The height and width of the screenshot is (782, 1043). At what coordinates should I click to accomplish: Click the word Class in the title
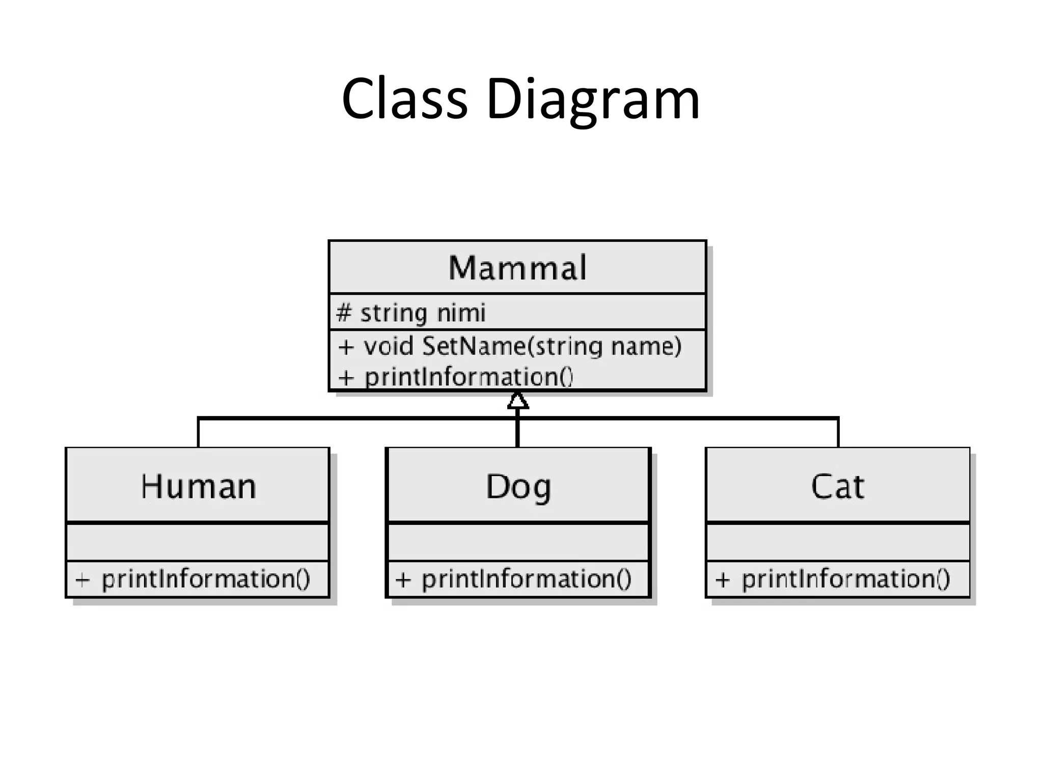[404, 99]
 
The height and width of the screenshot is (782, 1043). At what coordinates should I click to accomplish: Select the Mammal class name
[517, 268]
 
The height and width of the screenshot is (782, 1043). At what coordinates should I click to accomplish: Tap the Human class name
[199, 487]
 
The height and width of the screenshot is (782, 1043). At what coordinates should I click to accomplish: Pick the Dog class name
[518, 487]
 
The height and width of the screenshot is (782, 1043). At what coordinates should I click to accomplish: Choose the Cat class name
[837, 487]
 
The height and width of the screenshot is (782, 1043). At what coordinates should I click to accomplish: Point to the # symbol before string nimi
[344, 313]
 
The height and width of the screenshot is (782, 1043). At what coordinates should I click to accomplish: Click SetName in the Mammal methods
[474, 346]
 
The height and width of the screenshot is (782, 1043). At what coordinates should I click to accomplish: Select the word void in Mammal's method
[388, 346]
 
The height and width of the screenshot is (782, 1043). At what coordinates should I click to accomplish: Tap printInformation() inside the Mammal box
[469, 377]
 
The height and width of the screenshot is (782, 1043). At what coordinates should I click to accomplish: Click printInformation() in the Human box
[206, 579]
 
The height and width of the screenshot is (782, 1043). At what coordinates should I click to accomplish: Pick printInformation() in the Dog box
[527, 579]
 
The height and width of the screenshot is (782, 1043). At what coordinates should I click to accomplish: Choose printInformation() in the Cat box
[845, 579]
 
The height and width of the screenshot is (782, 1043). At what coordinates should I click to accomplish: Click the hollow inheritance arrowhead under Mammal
[518, 401]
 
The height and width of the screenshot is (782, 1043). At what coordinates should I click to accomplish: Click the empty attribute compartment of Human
[198, 542]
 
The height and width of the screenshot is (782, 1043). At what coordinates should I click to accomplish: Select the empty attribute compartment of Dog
[518, 542]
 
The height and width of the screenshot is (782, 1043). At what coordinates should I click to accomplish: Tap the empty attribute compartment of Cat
[838, 542]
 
